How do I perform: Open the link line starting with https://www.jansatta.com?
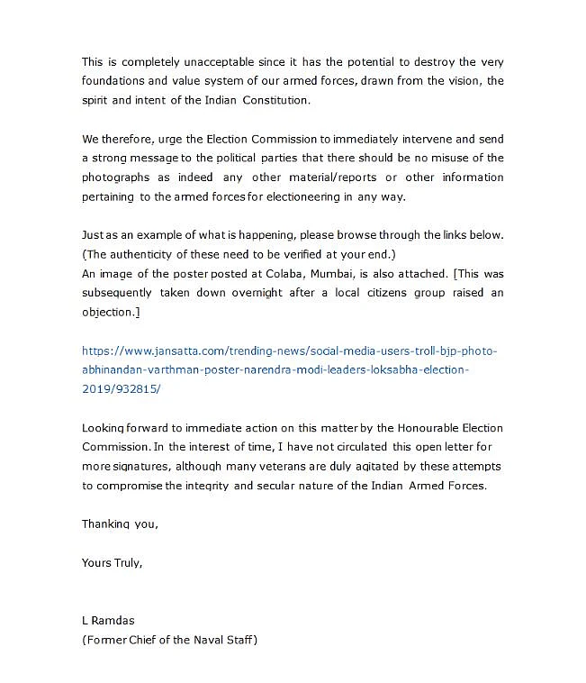pos(289,351)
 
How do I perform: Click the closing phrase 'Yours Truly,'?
pos(112,562)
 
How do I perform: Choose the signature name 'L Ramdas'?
pos(107,621)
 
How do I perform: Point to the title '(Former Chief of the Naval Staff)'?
pos(169,640)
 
